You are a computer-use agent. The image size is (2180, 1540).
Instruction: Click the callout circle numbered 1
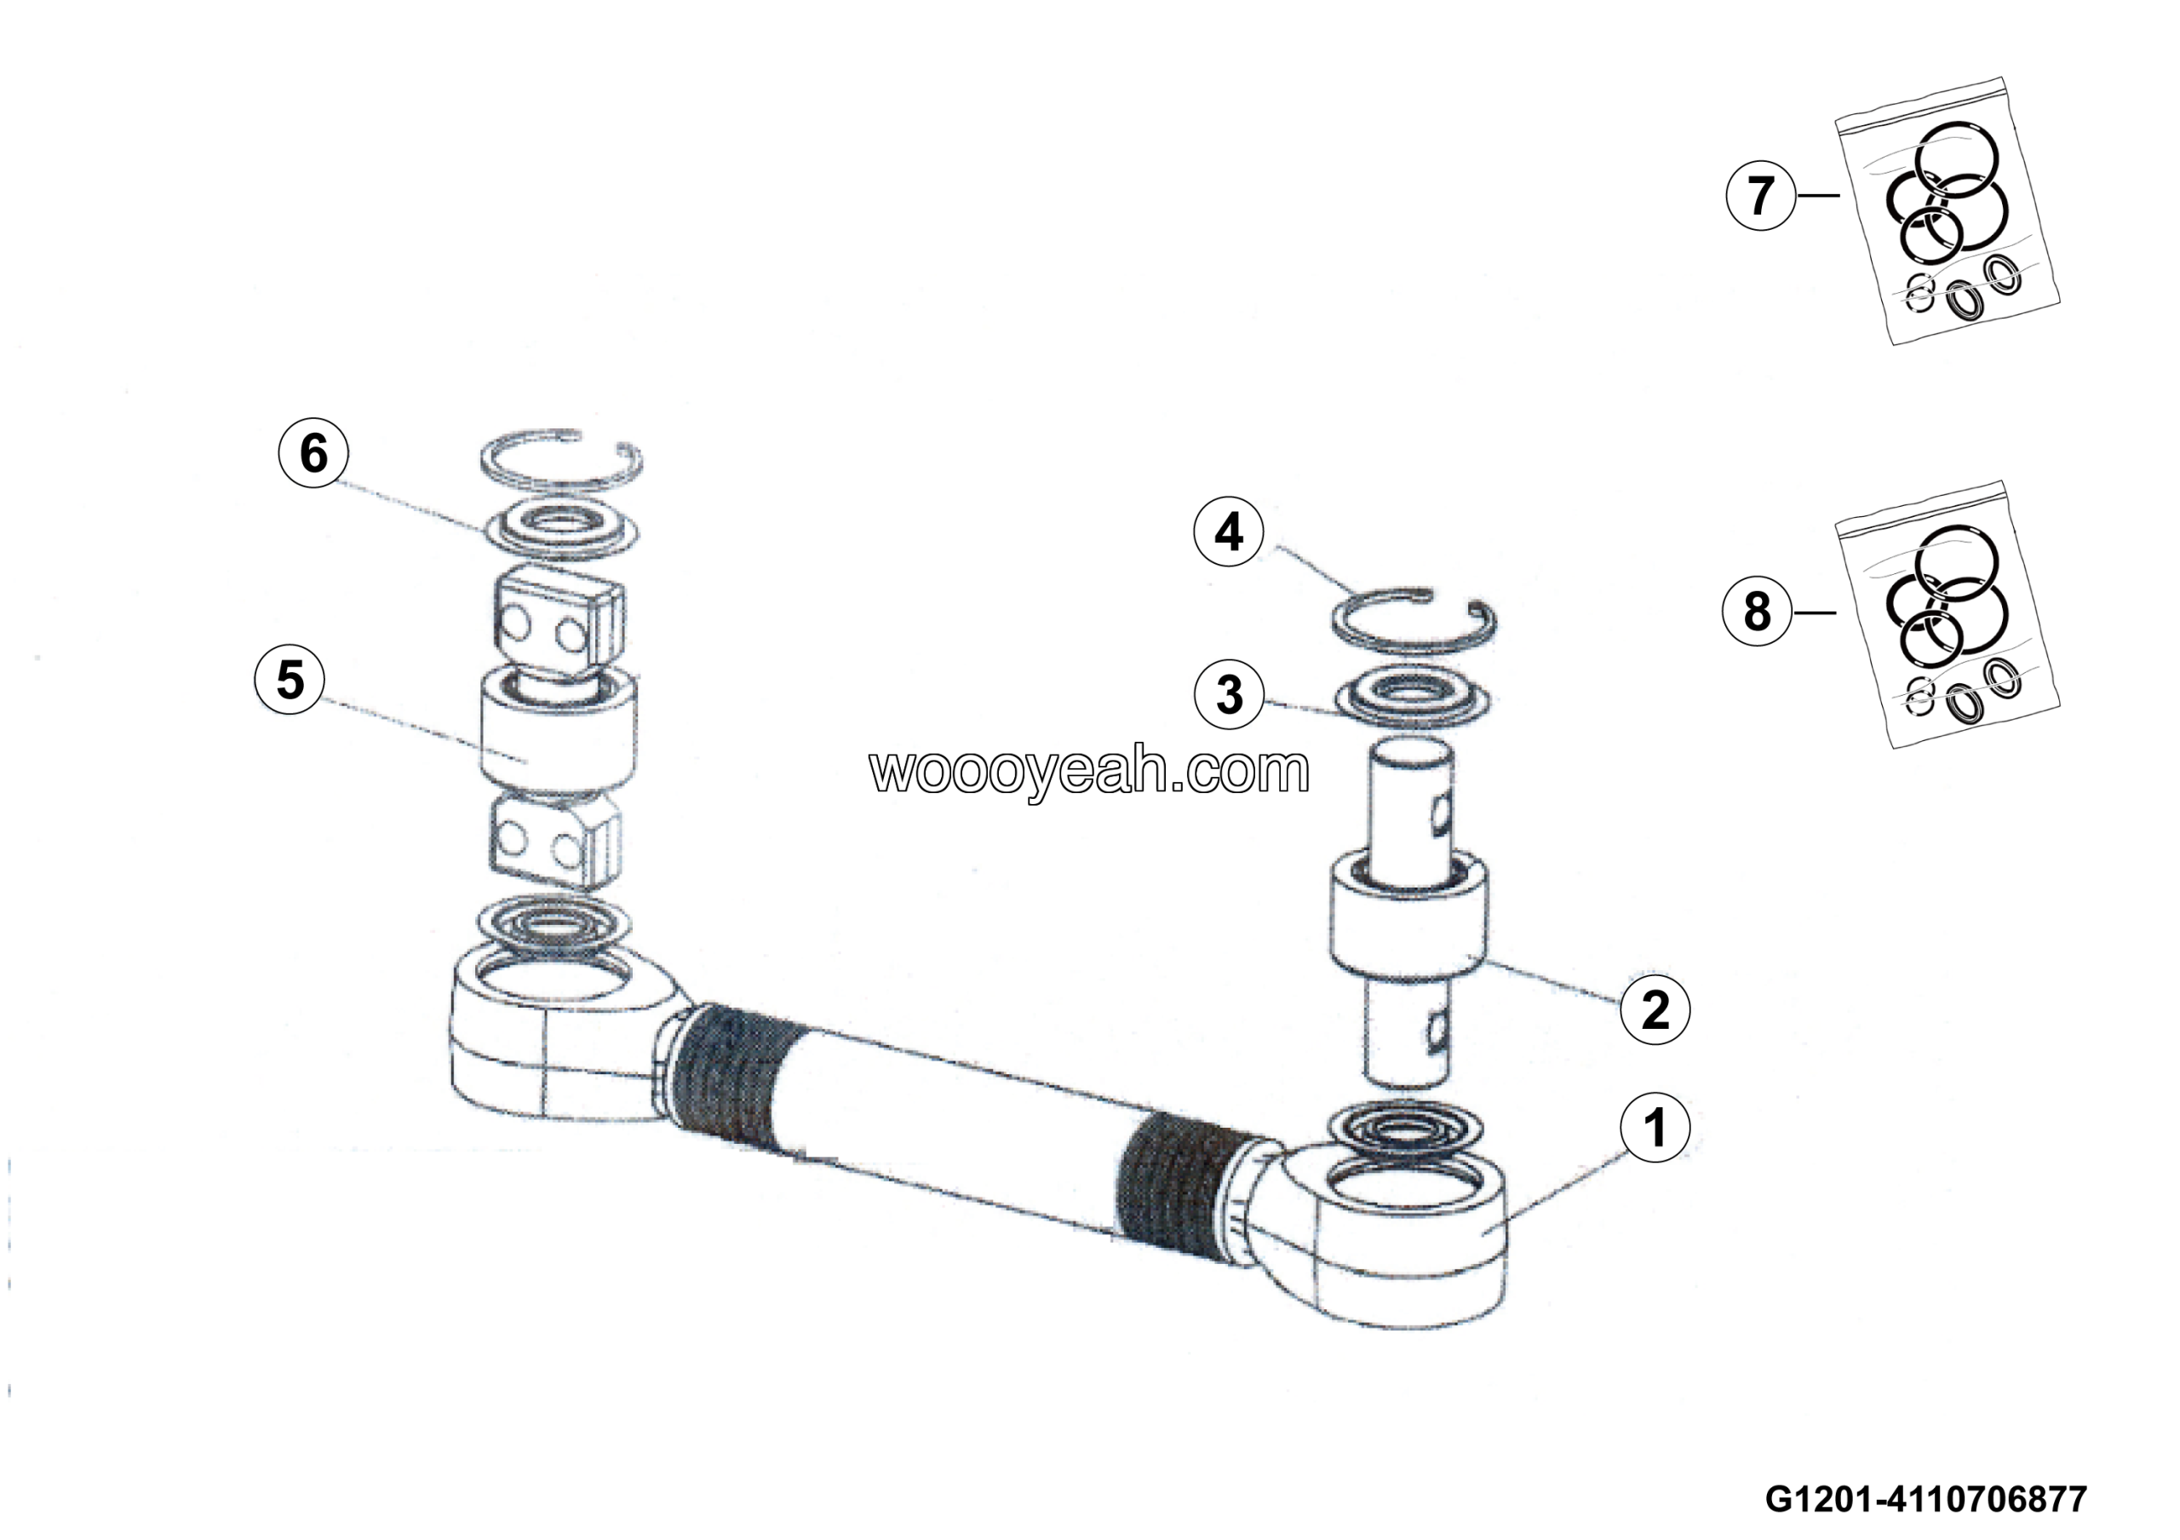pos(1655,1128)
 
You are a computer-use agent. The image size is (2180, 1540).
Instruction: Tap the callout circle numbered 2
pos(1655,1008)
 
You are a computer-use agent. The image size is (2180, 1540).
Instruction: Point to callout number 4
pos(1229,532)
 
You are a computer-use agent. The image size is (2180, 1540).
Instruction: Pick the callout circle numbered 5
pos(290,680)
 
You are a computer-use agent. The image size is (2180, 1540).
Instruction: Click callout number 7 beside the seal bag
pos(1760,196)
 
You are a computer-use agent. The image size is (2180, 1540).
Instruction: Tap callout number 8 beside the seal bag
pos(1757,612)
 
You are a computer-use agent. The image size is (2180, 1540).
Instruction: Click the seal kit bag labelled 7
pos(1947,214)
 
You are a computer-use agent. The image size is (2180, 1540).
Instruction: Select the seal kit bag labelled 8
pos(1947,618)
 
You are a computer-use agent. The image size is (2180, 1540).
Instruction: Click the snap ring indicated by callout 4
pos(1414,621)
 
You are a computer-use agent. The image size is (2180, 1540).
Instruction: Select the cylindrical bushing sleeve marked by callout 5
pos(559,731)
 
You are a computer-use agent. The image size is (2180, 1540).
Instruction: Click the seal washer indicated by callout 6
pos(561,530)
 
